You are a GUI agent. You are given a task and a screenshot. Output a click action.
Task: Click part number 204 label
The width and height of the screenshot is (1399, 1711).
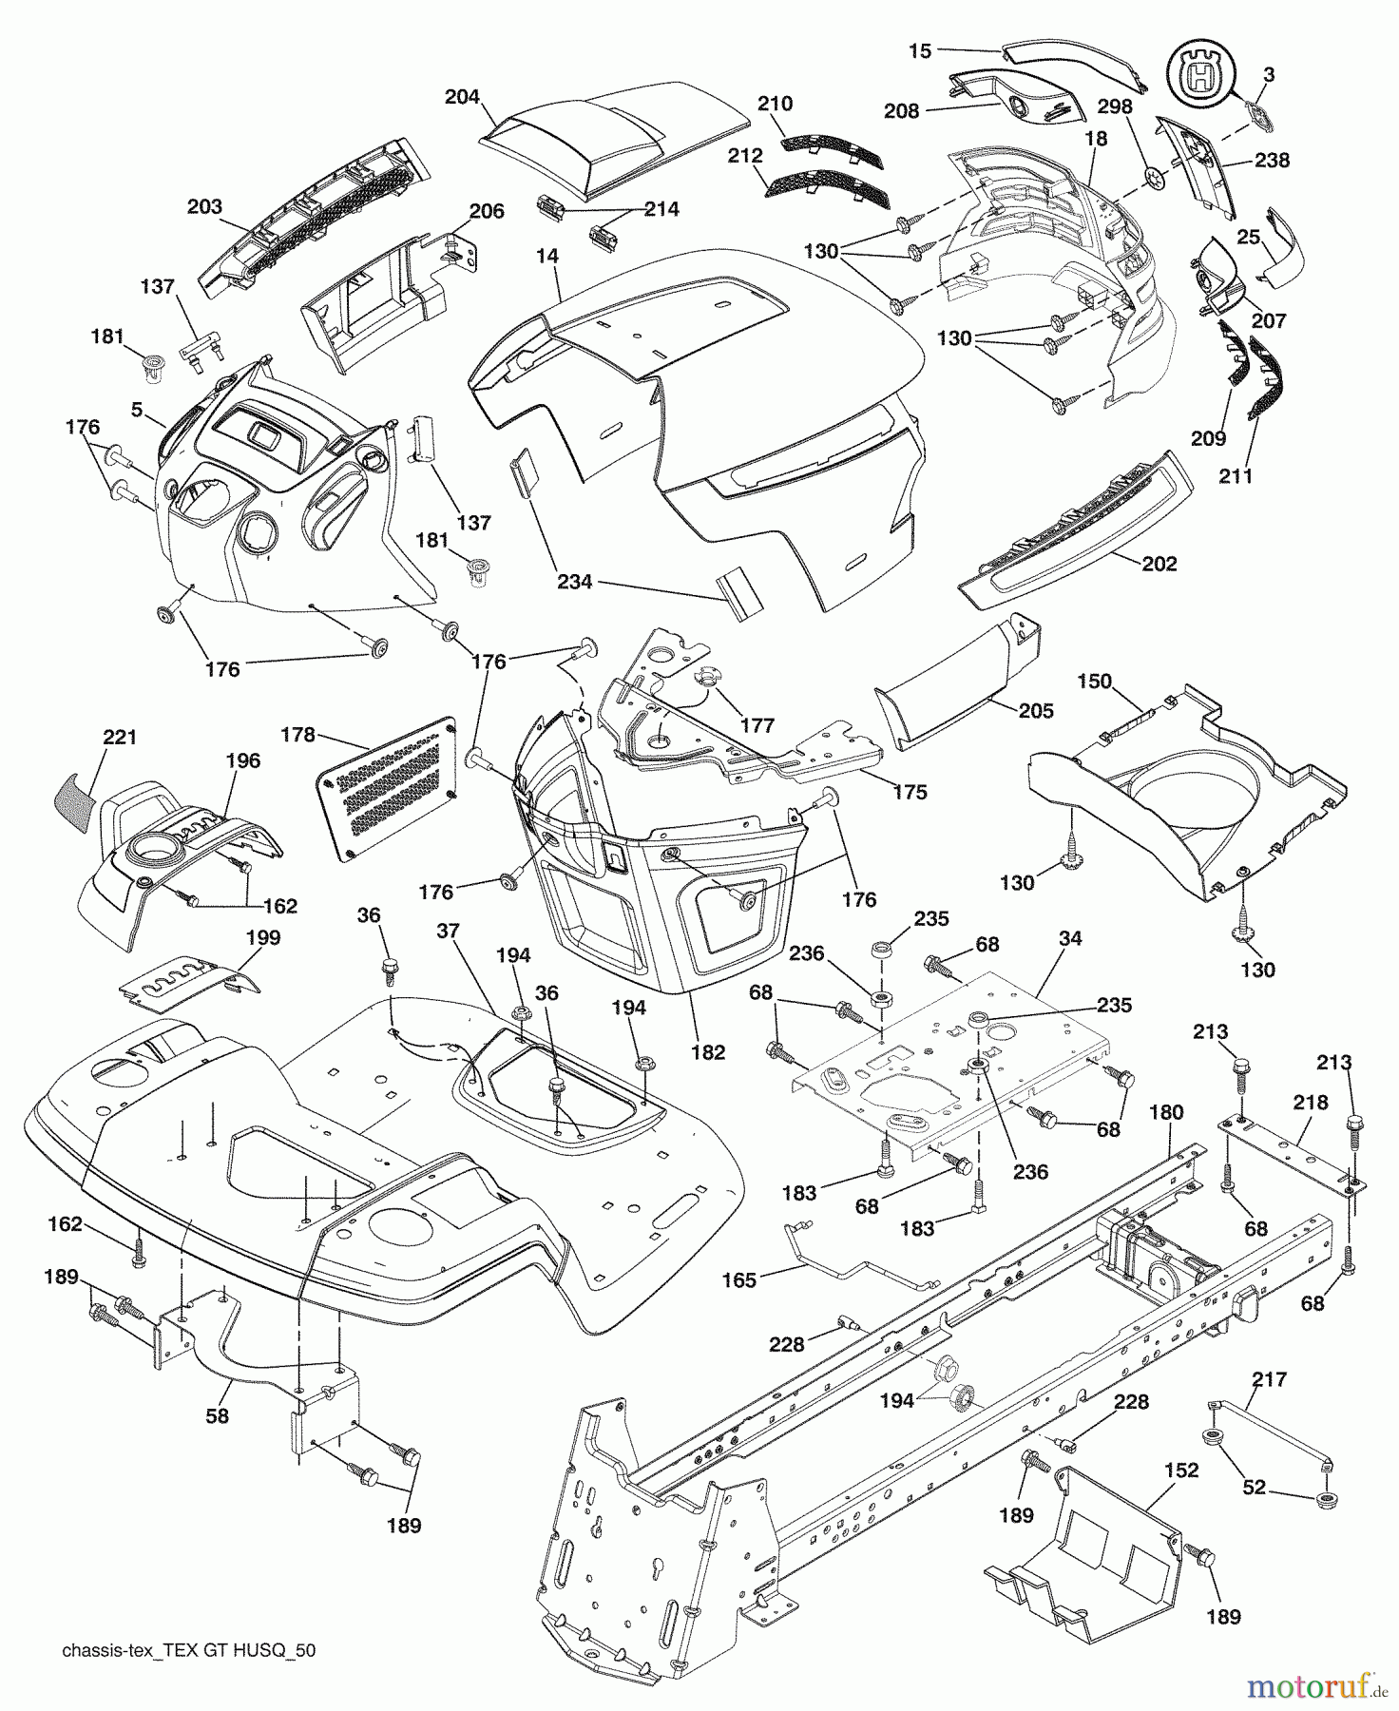tap(462, 97)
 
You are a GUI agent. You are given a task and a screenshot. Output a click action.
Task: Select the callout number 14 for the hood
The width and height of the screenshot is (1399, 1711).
tap(546, 257)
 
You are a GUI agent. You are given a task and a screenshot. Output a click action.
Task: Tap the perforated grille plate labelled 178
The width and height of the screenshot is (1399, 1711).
tap(387, 788)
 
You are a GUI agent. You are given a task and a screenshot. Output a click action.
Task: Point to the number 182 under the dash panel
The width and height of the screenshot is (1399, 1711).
tap(709, 1051)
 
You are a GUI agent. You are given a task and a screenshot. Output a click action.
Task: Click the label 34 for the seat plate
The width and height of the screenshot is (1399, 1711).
tap(1070, 939)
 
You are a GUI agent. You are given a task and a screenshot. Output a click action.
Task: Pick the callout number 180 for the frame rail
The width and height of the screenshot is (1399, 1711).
tap(1166, 1112)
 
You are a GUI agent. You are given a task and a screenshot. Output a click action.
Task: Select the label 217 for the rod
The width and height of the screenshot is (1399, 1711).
tap(1270, 1378)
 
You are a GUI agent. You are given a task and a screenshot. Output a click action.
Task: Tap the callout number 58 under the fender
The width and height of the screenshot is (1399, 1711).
tap(218, 1415)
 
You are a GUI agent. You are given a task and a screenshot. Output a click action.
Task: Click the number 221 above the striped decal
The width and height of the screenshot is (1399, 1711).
tap(120, 737)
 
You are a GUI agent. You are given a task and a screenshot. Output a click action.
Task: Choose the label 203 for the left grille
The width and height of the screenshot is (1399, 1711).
tap(204, 206)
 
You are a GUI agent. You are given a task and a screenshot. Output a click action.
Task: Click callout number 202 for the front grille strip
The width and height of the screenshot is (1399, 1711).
tap(1159, 564)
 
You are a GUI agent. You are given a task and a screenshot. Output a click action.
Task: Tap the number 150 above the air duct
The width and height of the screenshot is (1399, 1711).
tap(1094, 682)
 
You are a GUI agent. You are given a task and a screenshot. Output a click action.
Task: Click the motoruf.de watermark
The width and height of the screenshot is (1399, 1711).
tap(1316, 1686)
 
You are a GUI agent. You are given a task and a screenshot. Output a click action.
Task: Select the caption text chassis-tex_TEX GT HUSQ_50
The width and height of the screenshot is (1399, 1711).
tap(188, 1650)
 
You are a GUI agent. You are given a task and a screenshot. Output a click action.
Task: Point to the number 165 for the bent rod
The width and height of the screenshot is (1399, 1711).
tap(739, 1279)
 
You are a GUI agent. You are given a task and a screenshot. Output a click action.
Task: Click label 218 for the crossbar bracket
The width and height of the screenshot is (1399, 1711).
tap(1311, 1102)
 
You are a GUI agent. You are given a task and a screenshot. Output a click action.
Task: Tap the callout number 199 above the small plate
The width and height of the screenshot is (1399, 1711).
tap(263, 937)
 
